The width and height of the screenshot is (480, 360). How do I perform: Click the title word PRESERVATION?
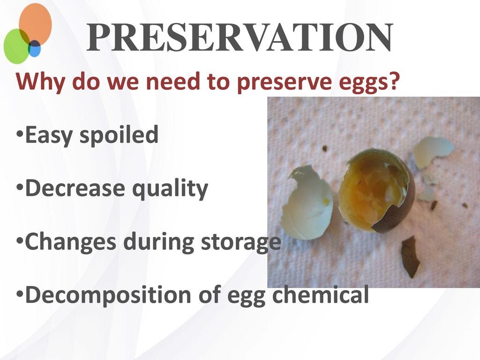[x=240, y=38]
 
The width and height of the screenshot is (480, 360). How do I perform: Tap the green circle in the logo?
[x=16, y=46]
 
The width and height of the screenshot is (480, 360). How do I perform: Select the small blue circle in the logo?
[x=34, y=48]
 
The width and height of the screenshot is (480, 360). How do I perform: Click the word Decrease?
[x=74, y=188]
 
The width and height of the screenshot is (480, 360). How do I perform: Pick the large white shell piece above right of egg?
[x=432, y=150]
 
